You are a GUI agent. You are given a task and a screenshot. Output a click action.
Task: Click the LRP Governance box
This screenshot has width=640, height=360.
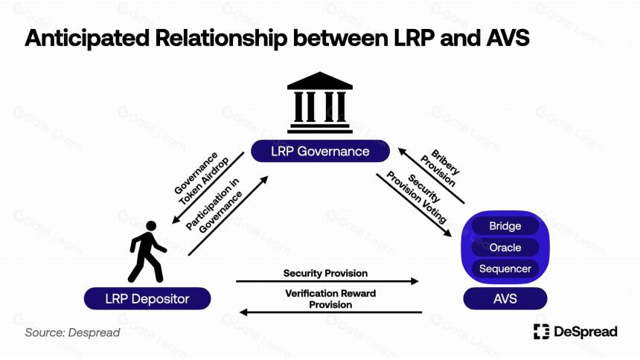(320, 152)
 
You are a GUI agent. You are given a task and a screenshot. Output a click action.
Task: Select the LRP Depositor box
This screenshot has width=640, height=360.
(147, 298)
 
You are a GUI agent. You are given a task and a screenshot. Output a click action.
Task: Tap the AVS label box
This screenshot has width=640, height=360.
(505, 298)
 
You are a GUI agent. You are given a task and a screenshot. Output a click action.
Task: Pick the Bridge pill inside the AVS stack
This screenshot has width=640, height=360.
(505, 225)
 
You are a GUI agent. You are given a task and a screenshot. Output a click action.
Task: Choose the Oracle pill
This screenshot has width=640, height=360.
(505, 248)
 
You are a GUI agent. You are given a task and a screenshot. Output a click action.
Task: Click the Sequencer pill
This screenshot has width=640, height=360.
(505, 269)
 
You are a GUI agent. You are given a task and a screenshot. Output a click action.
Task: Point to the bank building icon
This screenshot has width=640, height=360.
(320, 103)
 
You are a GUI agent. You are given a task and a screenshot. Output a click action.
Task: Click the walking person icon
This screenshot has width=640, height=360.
(147, 252)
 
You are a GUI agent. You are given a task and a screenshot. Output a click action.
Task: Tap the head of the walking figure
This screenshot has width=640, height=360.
(151, 226)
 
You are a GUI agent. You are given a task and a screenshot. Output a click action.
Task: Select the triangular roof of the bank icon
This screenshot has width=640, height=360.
(320, 81)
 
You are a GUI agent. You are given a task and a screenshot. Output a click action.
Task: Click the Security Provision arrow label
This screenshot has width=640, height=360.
(325, 273)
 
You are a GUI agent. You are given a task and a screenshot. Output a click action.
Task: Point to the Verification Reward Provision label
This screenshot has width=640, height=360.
(330, 299)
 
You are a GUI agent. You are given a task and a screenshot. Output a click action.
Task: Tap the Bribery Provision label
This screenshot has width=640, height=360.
(440, 168)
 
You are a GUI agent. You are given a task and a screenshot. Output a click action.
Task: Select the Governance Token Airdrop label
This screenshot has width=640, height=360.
(202, 179)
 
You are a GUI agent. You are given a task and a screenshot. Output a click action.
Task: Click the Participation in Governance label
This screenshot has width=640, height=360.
(214, 205)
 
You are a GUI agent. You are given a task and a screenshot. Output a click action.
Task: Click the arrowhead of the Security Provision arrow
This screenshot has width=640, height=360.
(415, 281)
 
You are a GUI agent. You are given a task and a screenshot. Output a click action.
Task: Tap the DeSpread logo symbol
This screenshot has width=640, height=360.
(541, 332)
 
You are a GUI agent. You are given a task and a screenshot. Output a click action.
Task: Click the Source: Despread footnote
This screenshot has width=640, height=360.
(72, 332)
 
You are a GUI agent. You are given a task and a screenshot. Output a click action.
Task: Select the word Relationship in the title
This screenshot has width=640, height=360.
(221, 38)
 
